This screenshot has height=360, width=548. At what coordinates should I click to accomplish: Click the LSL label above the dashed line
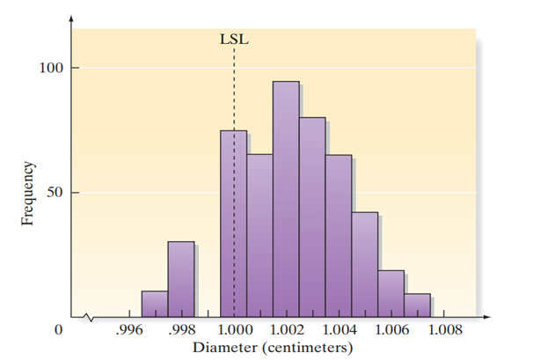click(233, 38)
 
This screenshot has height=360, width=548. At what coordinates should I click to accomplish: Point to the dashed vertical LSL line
click(234, 88)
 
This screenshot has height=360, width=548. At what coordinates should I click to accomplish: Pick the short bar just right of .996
click(155, 303)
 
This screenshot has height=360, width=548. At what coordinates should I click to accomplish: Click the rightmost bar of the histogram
click(418, 305)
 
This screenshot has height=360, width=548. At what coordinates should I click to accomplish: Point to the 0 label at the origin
click(59, 331)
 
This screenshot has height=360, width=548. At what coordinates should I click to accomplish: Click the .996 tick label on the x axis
click(129, 331)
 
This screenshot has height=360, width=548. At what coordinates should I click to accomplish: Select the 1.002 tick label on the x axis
click(285, 331)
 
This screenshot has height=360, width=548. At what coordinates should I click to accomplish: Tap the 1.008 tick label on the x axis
click(442, 331)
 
